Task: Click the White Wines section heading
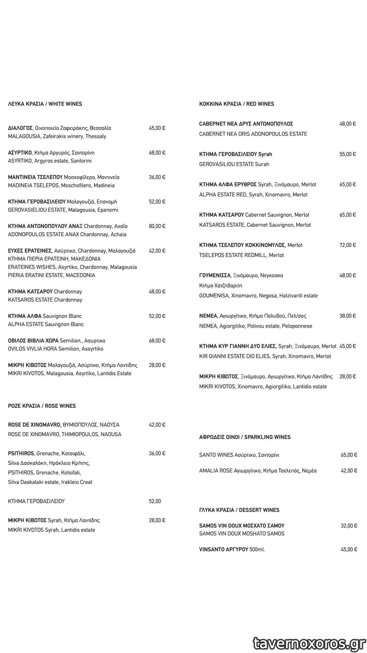(45, 104)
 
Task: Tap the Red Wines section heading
(236, 104)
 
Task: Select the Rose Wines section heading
(42, 406)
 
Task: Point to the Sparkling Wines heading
(245, 437)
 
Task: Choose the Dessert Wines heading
(239, 510)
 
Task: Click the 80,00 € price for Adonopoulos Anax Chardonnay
(157, 226)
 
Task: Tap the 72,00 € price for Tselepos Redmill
(348, 245)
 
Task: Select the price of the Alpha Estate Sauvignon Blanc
(157, 316)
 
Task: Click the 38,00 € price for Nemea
(348, 316)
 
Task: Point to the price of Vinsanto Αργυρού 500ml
(349, 549)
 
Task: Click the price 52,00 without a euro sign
(155, 501)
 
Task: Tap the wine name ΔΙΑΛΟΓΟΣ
(20, 128)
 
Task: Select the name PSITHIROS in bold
(21, 453)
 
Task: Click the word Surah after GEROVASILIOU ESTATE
(262, 164)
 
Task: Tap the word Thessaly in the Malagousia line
(96, 136)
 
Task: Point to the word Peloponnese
(297, 326)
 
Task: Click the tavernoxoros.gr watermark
(309, 644)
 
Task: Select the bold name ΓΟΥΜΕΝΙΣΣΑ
(215, 275)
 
